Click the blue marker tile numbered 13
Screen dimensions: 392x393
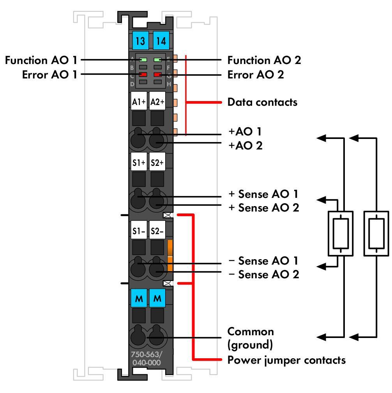pos(140,41)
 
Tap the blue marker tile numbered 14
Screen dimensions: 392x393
pos(161,41)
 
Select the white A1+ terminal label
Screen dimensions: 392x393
pos(139,101)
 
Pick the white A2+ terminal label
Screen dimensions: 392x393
pos(157,101)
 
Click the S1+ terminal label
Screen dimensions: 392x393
pos(139,162)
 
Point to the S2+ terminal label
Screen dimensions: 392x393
pos(157,162)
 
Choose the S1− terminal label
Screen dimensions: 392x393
pos(139,230)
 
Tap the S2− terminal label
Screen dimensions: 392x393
pos(157,230)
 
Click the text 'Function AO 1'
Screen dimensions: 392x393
pos(41,60)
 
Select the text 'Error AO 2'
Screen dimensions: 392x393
pos(256,75)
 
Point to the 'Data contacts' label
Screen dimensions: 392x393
pos(262,102)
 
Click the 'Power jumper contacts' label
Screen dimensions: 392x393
pos(286,360)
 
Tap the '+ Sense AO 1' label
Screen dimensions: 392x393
pos(263,194)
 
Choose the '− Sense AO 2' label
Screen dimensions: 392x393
pos(264,274)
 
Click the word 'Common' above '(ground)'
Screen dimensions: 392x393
pos(251,332)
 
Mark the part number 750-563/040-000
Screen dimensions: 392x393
pos(147,358)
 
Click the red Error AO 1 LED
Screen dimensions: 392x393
pos(143,75)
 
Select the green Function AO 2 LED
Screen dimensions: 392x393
pos(158,60)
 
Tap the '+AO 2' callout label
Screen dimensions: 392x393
pos(245,146)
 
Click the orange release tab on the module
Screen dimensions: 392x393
pos(170,256)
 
